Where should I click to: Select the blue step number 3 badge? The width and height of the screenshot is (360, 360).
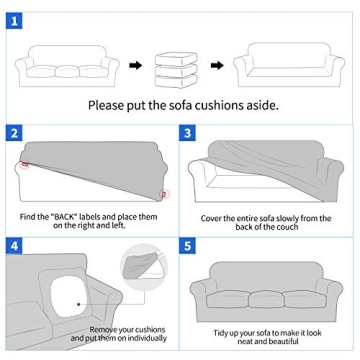click(187, 133)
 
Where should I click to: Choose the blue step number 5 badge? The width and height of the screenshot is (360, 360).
click(187, 245)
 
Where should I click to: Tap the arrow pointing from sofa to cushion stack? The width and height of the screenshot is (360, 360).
click(134, 67)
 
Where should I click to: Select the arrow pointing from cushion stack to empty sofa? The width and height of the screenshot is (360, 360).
click(215, 67)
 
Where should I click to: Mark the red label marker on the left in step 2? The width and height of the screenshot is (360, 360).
click(24, 163)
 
